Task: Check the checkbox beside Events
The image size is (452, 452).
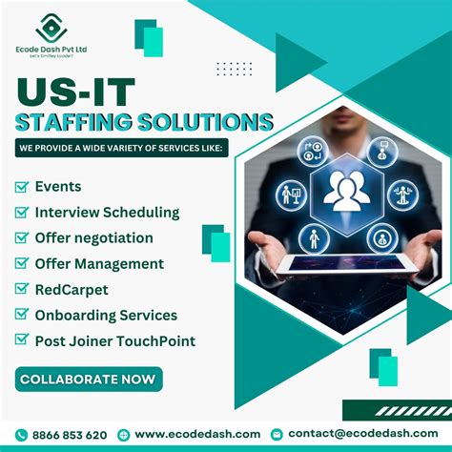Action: [x=22, y=187]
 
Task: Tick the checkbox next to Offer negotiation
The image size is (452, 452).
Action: [x=22, y=238]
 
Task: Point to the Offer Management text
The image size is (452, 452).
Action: [x=99, y=264]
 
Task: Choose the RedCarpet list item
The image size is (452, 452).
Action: [x=72, y=290]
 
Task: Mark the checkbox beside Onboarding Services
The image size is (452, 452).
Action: [x=22, y=316]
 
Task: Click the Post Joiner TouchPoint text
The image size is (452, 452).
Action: [x=114, y=341]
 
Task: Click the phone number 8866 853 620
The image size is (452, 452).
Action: [x=70, y=434]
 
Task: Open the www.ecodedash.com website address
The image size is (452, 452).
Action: [x=196, y=434]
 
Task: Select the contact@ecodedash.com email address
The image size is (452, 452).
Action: [x=362, y=434]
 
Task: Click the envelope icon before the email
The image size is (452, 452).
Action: [x=277, y=434]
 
